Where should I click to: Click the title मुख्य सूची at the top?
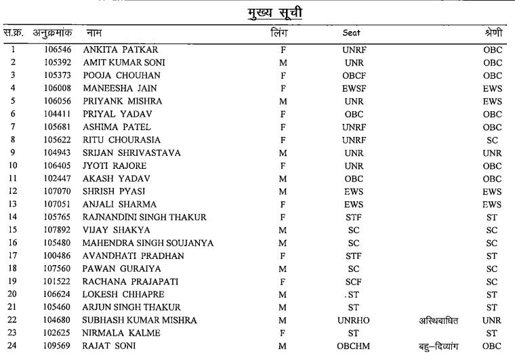pos(257,13)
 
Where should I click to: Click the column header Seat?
pos(352,33)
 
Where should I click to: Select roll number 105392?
pos(54,62)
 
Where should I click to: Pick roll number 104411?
pos(54,114)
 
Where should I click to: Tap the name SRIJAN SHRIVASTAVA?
pos(131,153)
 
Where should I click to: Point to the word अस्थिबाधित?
pos(437,320)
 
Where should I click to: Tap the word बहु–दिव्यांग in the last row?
pos(437,346)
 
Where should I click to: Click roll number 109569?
pos(54,346)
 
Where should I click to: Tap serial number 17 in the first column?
pos(13,256)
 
